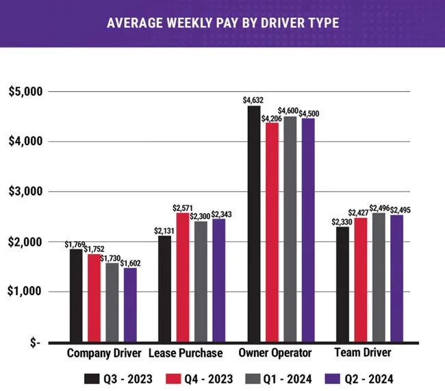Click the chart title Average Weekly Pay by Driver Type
(222, 23)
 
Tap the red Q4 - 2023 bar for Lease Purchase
(182, 277)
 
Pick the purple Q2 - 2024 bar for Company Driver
(130, 304)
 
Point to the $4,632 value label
(253, 100)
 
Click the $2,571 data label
(183, 207)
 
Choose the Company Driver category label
(104, 353)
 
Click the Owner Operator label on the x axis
(275, 353)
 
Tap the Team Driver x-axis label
(364, 353)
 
